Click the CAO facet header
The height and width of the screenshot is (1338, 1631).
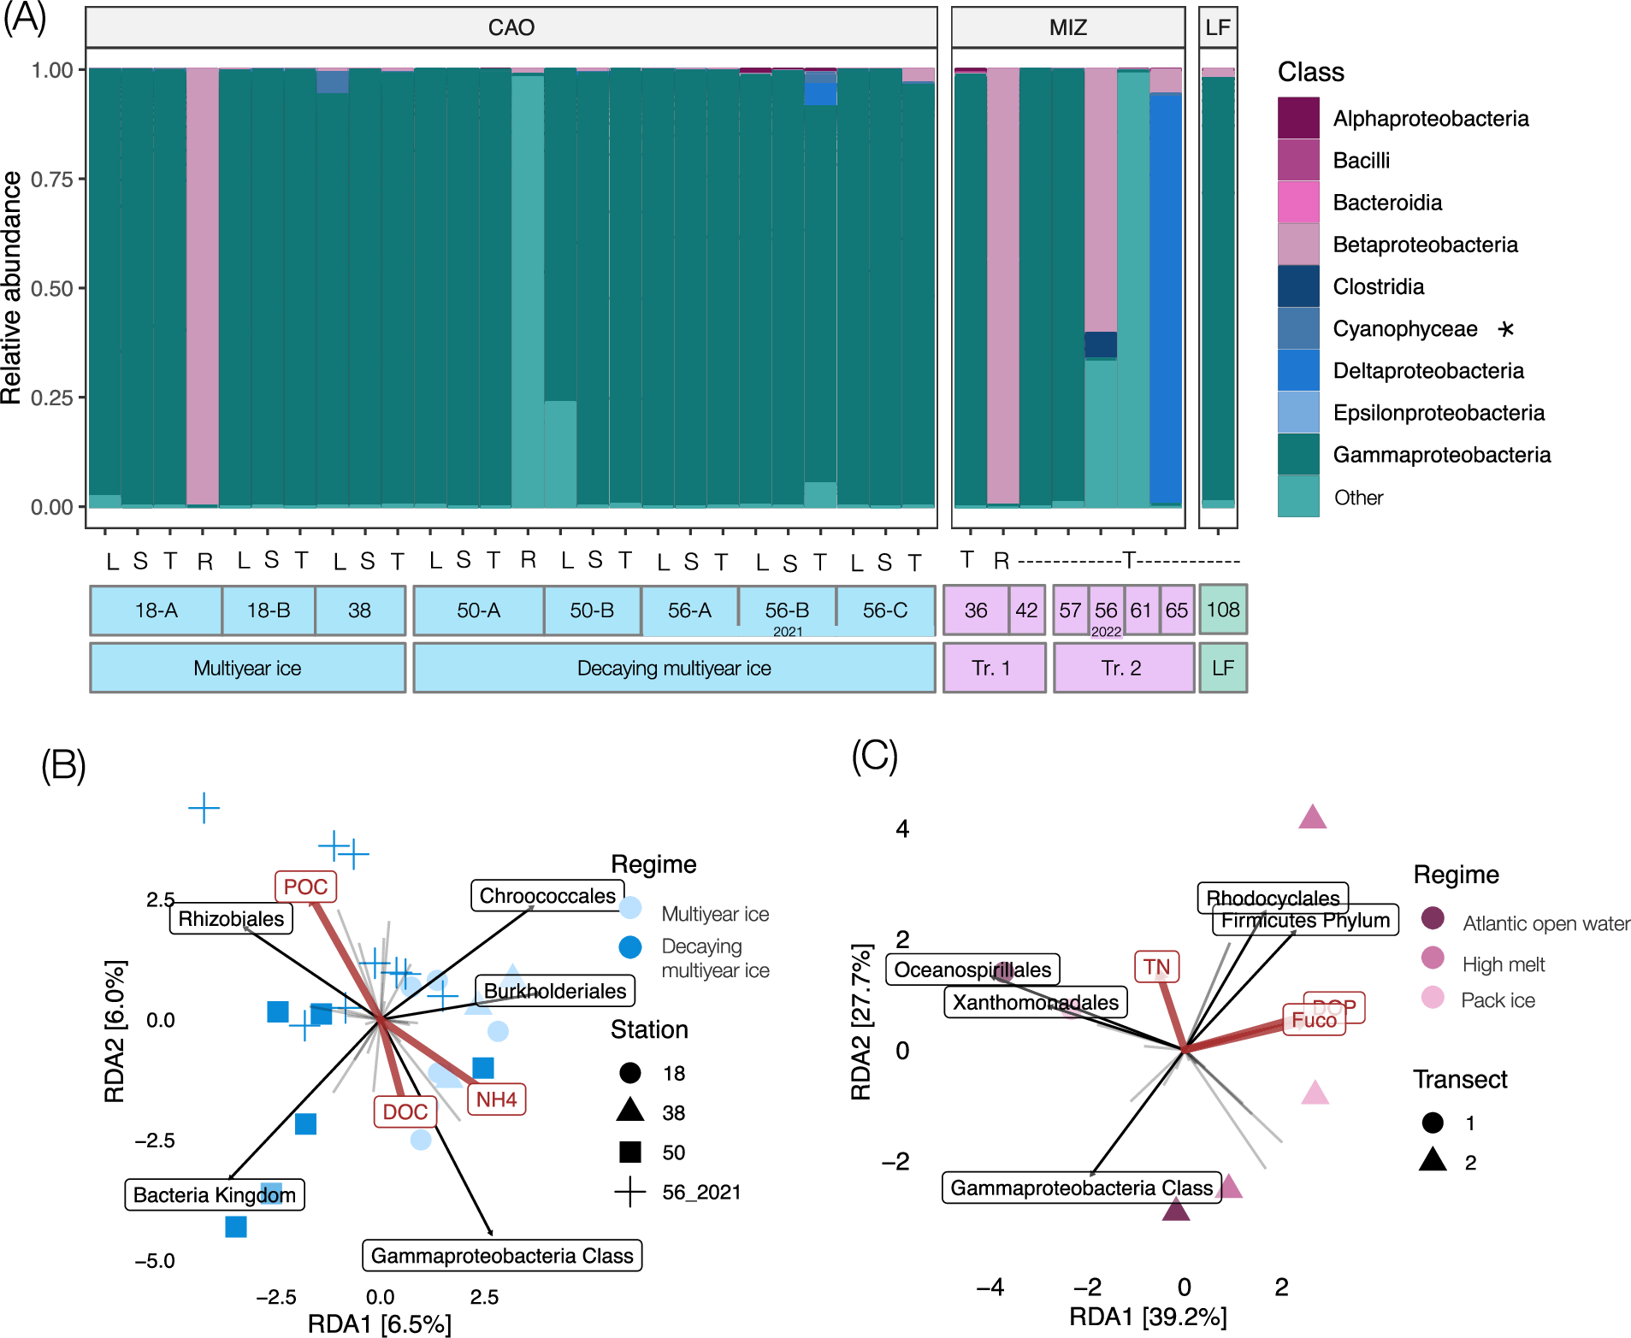coord(511,27)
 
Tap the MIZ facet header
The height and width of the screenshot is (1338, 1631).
coord(1067,27)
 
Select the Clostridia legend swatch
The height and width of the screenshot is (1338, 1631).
coord(1298,286)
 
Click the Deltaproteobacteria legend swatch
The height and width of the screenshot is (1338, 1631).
coord(1298,370)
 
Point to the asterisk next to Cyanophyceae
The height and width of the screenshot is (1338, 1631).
coord(1506,329)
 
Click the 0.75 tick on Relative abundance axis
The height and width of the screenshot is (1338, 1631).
coord(52,179)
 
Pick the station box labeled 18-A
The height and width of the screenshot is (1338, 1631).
coord(156,610)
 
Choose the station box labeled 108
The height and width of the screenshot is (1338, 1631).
coord(1222,610)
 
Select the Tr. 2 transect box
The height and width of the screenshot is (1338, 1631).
coord(1122,668)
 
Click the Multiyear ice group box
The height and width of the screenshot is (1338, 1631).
coord(247,668)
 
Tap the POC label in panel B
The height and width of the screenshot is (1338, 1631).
coord(305,887)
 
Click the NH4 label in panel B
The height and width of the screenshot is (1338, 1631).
coord(496,1099)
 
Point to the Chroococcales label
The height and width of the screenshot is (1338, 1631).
coord(547,896)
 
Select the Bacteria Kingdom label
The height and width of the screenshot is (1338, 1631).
coord(215,1194)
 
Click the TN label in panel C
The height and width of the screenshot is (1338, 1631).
coord(1156,967)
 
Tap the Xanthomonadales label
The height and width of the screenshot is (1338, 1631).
coord(1035,1002)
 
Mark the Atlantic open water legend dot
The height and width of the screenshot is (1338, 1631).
coord(1433,918)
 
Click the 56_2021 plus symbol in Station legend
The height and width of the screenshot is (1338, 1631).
coord(630,1192)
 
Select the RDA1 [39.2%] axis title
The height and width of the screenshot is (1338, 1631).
coord(1148,1317)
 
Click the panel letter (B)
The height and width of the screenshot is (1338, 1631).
coord(63,764)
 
